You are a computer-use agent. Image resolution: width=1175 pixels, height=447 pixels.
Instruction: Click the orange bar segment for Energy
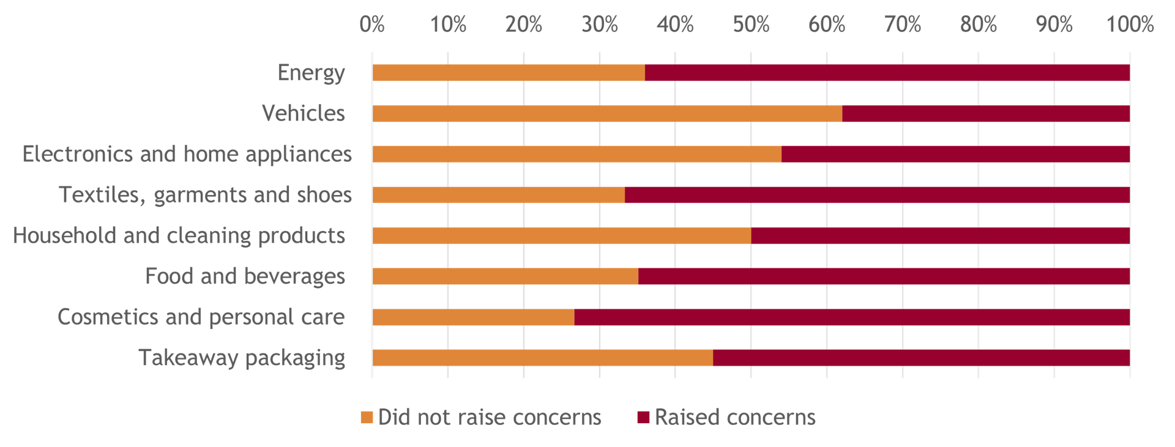click(x=508, y=73)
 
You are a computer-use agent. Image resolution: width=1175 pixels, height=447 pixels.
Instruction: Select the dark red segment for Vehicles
click(x=985, y=114)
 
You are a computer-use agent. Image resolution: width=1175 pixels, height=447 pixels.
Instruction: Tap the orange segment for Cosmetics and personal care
click(x=473, y=317)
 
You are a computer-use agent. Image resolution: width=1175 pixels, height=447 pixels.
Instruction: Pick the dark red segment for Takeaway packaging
click(x=921, y=358)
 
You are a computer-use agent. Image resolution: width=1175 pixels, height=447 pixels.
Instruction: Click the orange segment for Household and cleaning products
click(x=561, y=236)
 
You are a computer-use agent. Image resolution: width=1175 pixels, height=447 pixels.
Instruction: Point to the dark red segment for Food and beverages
click(x=884, y=276)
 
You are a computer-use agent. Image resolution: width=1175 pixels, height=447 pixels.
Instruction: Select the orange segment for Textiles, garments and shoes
click(x=498, y=195)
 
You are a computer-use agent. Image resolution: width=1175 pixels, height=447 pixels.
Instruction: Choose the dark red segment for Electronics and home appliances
click(x=955, y=154)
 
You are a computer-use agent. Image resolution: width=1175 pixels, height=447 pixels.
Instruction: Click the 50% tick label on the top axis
click(x=750, y=24)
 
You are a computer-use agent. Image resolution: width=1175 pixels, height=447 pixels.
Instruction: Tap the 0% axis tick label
click(x=372, y=24)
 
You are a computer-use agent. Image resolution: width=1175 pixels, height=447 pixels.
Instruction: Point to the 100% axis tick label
click(x=1129, y=24)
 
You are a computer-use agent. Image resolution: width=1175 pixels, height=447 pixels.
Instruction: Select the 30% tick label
click(x=599, y=24)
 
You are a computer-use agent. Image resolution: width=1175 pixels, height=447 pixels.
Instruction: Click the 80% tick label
click(x=978, y=24)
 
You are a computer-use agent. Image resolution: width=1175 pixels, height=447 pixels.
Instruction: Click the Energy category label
click(x=311, y=73)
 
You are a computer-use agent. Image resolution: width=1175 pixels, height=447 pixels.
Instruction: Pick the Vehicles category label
click(x=303, y=114)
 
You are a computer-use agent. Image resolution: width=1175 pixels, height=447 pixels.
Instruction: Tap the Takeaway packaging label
click(x=242, y=358)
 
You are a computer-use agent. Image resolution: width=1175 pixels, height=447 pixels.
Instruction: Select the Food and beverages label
click(x=245, y=276)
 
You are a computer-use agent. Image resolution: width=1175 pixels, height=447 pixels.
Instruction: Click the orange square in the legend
click(x=367, y=418)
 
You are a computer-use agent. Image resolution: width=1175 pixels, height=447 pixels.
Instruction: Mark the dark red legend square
click(x=643, y=418)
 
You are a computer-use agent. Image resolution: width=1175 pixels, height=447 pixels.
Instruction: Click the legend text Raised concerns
click(x=735, y=418)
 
